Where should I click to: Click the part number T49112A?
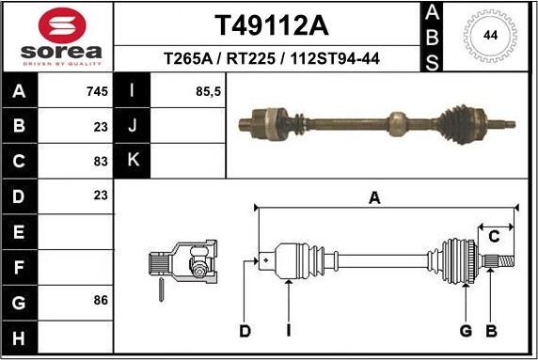[x=271, y=23]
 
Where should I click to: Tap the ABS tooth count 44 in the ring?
[x=490, y=36]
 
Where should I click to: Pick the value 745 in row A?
[x=97, y=92]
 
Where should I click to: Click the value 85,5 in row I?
[x=208, y=92]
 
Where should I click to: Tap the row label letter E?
[x=19, y=231]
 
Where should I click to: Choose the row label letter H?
[x=19, y=336]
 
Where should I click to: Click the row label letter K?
[x=132, y=161]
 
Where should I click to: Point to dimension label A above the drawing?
[x=374, y=197]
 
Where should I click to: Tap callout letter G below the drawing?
[x=465, y=330]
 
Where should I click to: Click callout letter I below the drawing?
[x=288, y=330]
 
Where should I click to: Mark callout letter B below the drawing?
[x=490, y=330]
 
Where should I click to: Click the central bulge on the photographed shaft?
[x=397, y=122]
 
